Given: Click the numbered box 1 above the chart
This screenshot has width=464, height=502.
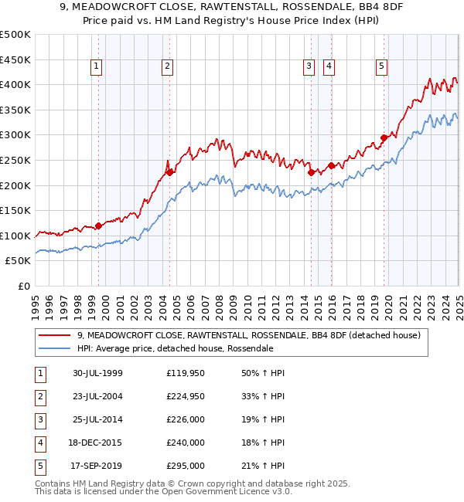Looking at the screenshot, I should [96, 67].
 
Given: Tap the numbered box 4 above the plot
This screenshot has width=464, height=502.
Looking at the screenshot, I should [329, 67].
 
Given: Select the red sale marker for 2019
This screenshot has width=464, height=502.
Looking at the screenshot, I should [384, 138].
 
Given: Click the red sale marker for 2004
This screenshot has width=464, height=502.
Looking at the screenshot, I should [170, 173].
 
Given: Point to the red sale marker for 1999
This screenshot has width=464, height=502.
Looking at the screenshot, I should [99, 226].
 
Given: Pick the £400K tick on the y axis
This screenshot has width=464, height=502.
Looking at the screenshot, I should [15, 85].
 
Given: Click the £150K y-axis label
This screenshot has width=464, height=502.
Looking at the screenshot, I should [15, 210].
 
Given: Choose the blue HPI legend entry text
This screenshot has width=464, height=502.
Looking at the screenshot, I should [175, 348].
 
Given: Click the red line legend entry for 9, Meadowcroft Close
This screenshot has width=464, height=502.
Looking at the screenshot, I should [247, 335].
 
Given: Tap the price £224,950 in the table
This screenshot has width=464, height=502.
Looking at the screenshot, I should [186, 396].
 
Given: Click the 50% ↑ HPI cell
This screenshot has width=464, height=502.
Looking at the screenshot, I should [263, 373].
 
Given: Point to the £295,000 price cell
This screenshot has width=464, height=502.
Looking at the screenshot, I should [186, 466].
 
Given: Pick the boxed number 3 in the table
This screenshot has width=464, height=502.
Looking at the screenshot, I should [39, 419].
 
